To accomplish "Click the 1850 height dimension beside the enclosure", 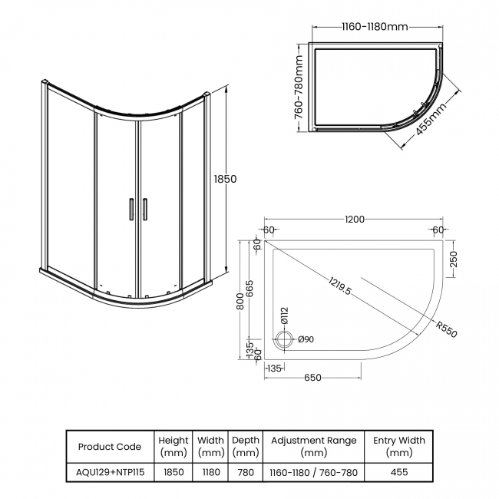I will [x=225, y=178].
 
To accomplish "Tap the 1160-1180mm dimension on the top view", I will [x=374, y=27].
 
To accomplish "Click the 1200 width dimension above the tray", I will [x=354, y=220].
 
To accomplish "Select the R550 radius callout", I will [x=445, y=329].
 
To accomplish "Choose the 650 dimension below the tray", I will [x=312, y=377].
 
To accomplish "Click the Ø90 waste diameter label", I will [x=304, y=339].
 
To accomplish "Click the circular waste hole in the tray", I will [x=285, y=339].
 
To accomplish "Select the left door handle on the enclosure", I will [x=131, y=210].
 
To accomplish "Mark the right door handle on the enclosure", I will [x=143, y=210].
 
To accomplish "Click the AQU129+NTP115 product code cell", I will [x=110, y=472].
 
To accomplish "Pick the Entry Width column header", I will [x=398, y=447].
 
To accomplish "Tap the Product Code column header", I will [x=110, y=447].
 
